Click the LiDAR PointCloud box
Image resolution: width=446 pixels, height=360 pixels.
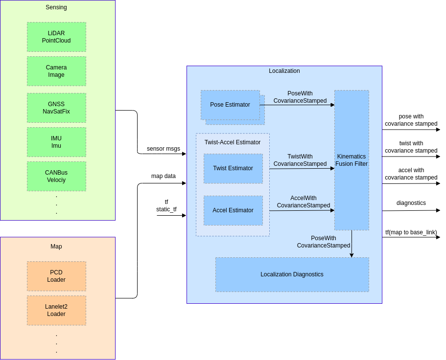[56, 37]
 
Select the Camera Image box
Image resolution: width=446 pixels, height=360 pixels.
[56, 71]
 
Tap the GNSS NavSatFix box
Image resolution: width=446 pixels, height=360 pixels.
[56, 108]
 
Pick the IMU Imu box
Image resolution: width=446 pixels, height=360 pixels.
[56, 142]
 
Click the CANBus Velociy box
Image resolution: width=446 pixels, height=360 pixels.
[56, 176]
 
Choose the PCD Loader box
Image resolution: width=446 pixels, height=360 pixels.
[56, 276]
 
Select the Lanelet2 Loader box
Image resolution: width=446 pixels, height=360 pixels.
[56, 310]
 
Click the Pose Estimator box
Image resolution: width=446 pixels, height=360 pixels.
[230, 105]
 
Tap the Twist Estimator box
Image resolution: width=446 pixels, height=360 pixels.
[233, 168]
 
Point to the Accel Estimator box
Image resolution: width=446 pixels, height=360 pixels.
[233, 210]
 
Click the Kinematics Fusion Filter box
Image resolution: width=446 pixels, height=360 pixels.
[352, 160]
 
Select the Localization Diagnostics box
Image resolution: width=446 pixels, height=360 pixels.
[292, 274]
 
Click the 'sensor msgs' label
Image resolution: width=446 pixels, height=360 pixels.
[164, 149]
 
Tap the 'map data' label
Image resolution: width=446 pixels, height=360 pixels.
[164, 176]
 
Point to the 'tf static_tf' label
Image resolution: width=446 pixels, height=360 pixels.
[166, 205]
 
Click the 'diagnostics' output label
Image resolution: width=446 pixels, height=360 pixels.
[411, 203]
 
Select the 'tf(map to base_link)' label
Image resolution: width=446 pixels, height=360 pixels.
[411, 232]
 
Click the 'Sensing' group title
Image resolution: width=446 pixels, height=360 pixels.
[56, 7]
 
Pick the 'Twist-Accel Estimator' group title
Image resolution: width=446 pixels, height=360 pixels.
[233, 142]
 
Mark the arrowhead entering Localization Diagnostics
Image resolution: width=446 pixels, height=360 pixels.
[352, 255]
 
